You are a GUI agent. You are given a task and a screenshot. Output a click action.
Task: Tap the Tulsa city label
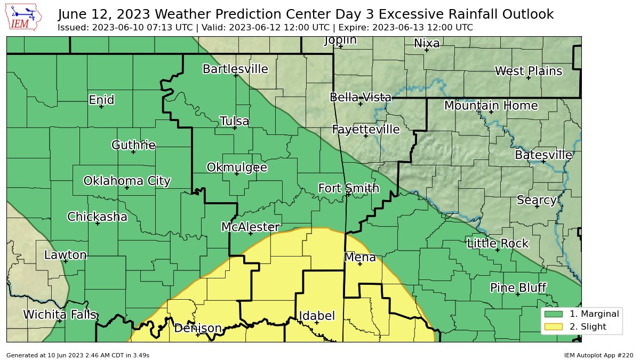(x=234, y=121)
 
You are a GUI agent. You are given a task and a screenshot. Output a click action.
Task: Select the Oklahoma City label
(x=127, y=181)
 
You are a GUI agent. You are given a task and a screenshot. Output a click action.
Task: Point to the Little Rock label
(x=498, y=244)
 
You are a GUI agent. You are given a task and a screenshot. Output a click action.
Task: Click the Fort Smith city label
(x=349, y=188)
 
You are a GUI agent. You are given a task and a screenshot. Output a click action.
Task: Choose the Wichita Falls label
(x=60, y=315)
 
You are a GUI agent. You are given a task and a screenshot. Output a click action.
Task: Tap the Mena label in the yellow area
(x=360, y=258)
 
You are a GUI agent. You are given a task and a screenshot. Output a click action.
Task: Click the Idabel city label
(x=317, y=316)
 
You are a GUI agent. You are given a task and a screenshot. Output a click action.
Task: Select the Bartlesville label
(x=235, y=69)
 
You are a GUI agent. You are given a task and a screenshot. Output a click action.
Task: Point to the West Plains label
(x=528, y=71)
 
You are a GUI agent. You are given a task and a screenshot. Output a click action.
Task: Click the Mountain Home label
(x=491, y=106)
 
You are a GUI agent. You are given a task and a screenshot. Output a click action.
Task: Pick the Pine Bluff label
(x=518, y=288)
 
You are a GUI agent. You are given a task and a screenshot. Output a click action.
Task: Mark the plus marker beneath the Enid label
(x=101, y=107)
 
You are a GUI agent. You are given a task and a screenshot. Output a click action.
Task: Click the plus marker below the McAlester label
(x=251, y=233)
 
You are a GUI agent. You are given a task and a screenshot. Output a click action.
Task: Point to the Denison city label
(x=198, y=328)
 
